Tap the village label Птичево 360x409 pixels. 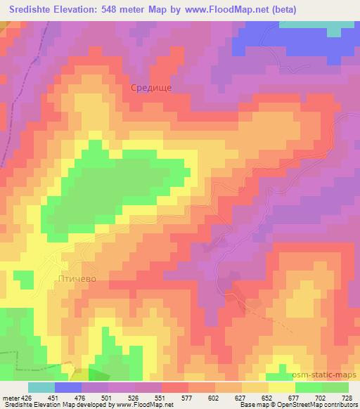point(75,279)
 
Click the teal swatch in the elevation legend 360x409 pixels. point(41,387)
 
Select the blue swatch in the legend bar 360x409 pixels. point(68,387)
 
